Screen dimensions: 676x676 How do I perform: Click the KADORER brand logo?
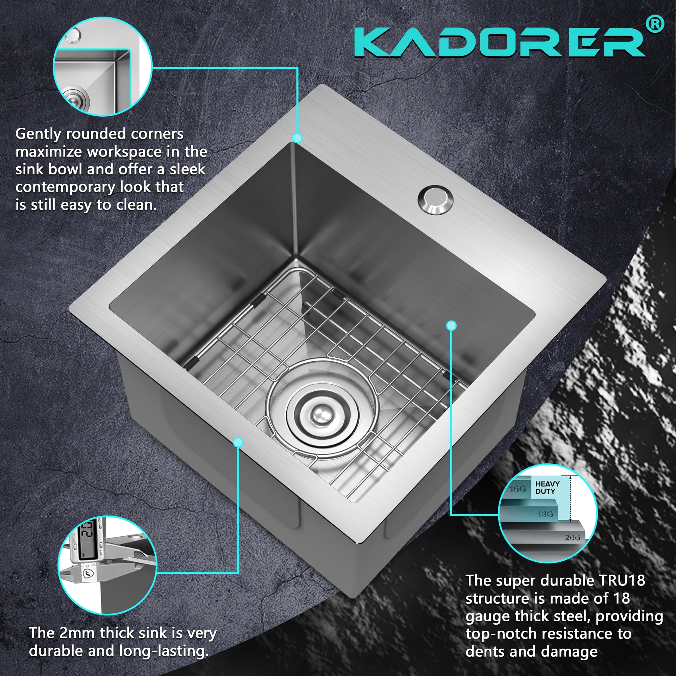(500, 42)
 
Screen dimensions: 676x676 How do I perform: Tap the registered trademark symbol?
(655, 24)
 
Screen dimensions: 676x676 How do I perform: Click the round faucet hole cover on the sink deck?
(435, 199)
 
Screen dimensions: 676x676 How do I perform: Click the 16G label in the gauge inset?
(517, 489)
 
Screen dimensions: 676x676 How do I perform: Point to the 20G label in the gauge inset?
(572, 537)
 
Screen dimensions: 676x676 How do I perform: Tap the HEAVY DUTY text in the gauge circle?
(547, 487)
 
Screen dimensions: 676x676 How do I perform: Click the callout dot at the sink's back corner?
(297, 138)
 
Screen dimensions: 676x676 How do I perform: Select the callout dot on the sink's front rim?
(238, 442)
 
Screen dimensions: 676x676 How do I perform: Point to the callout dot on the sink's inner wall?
(451, 326)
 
